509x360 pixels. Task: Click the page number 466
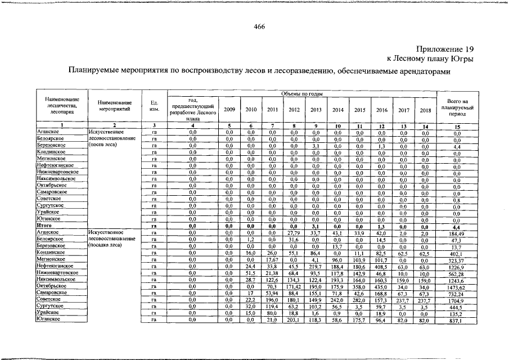click(259, 26)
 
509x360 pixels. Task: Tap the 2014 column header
click(338, 110)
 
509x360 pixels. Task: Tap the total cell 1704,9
click(457, 300)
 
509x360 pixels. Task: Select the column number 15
click(457, 126)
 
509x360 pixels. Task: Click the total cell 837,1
click(457, 321)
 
